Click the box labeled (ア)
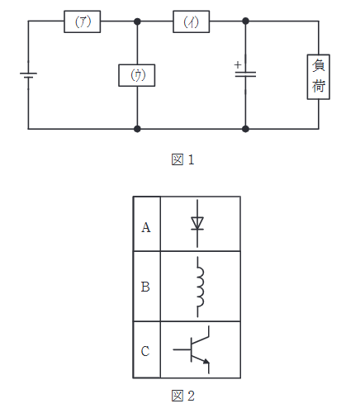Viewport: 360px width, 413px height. point(83,22)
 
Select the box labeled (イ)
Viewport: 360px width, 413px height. point(191,22)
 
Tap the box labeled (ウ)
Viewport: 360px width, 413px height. point(137,74)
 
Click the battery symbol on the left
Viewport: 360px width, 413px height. point(29,77)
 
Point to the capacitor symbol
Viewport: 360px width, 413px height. point(245,74)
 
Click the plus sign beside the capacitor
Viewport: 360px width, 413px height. point(237,64)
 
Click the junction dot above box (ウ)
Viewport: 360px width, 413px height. point(137,22)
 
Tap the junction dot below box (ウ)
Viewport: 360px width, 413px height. point(137,129)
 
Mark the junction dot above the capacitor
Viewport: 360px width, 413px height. point(245,22)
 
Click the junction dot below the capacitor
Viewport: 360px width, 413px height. point(245,129)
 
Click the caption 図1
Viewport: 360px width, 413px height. point(182,159)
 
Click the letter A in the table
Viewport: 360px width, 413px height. point(146,227)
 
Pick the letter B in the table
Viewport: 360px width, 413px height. point(146,287)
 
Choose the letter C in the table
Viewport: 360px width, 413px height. point(146,351)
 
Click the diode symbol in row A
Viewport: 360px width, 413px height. point(197,222)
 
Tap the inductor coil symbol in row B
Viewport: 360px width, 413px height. point(198,287)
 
